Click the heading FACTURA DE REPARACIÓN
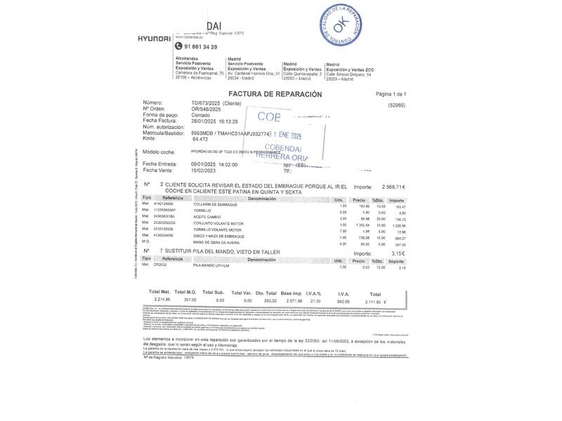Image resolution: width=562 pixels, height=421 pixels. (x=275, y=94)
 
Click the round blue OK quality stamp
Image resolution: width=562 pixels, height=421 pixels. (x=339, y=27)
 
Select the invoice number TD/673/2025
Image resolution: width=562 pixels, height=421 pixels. (x=210, y=103)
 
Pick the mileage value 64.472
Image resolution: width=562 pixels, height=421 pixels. (x=201, y=139)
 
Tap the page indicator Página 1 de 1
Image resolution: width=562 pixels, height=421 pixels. (x=391, y=94)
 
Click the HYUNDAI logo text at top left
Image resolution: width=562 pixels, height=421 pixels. (x=154, y=38)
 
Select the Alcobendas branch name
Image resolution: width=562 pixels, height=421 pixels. (x=186, y=59)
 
